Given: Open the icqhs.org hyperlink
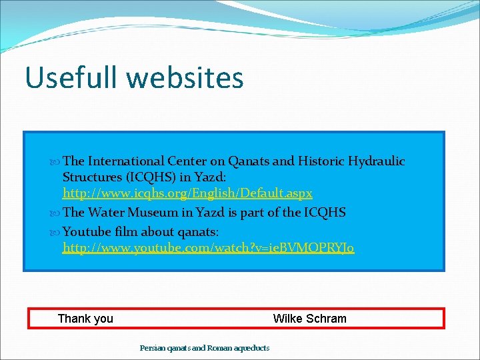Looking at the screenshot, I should (187, 193).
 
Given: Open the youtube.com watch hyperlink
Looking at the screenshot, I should (208, 248).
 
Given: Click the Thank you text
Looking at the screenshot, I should (85, 319).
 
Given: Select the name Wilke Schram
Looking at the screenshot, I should (309, 319).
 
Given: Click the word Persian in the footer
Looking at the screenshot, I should (151, 348).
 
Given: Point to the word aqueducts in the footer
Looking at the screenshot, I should (252, 348).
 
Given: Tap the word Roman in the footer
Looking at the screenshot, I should (219, 348).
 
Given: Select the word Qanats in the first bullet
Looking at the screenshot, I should (249, 161).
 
